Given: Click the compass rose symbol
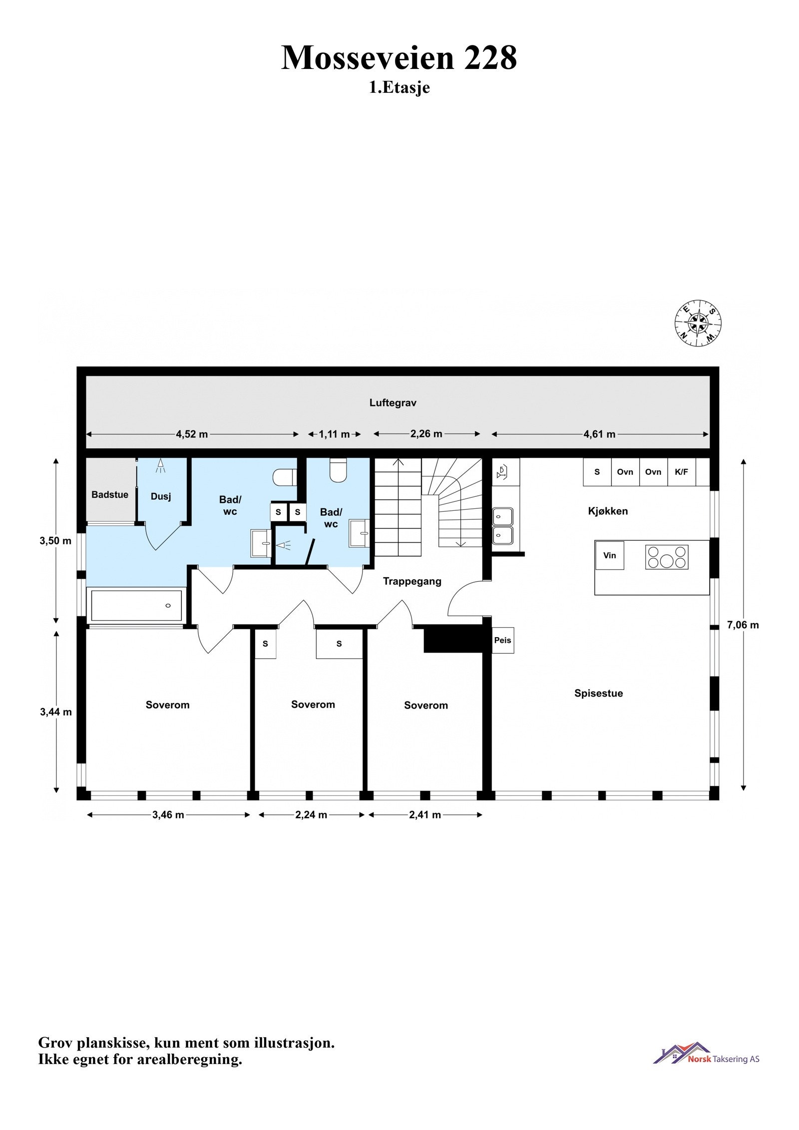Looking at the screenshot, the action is point(698,322).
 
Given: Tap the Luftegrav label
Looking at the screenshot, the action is point(393,402).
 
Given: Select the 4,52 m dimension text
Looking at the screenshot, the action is point(192,434).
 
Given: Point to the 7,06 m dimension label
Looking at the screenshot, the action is point(743,625).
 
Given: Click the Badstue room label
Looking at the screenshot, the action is point(110,494).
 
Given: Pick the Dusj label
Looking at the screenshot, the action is point(161,496).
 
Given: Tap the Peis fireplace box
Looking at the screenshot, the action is point(502,640).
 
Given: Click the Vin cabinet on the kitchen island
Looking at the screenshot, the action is point(609,555).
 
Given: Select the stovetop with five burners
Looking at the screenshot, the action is point(667,557).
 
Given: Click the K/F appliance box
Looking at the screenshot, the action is point(682,472).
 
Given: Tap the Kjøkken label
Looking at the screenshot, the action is point(608,511).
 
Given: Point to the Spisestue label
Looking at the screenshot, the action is point(598,693).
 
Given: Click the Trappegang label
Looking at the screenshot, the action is point(412,581).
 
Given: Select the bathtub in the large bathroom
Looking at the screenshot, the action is point(136,606).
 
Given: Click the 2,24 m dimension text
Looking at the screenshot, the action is point(311,815).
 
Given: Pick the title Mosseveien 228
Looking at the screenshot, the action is point(399,58).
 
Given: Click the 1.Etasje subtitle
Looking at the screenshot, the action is point(399,88).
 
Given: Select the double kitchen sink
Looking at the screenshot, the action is point(503,526).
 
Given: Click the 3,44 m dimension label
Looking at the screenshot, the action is point(56,712).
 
